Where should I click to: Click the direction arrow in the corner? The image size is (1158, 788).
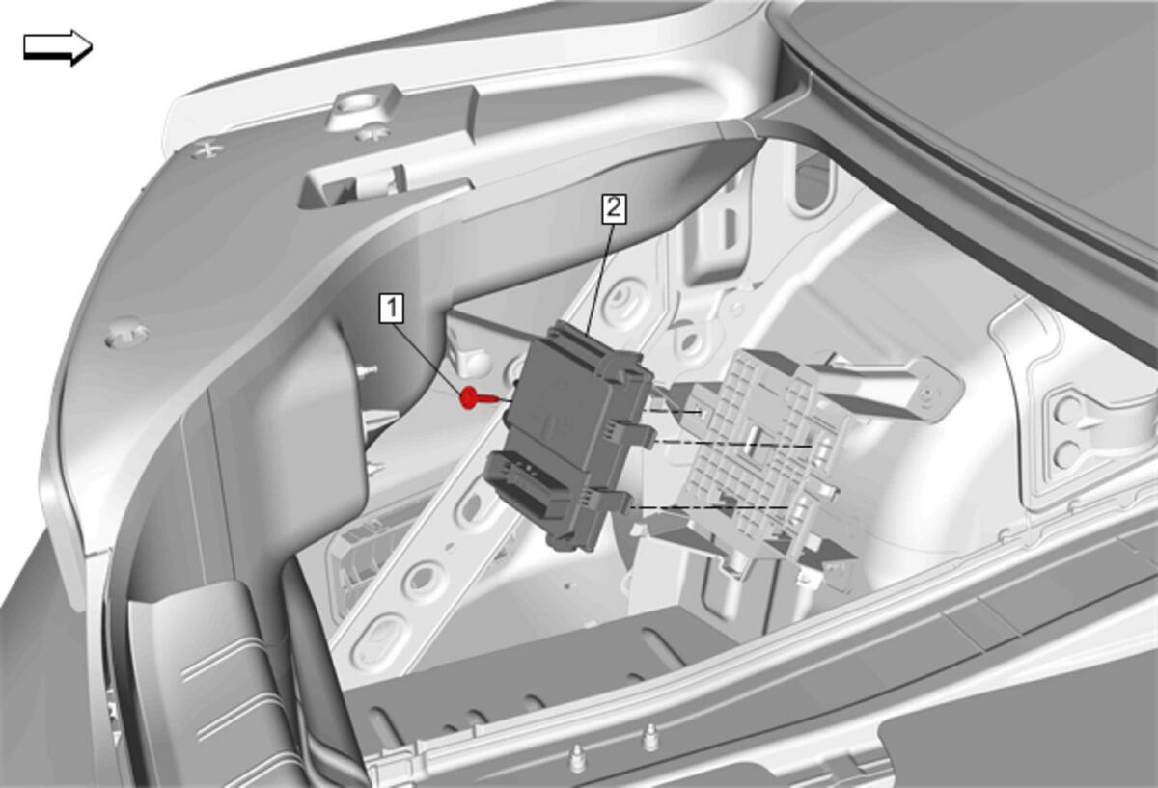(58, 47)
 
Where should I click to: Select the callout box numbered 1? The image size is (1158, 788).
(392, 309)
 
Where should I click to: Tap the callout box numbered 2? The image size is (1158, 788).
(614, 208)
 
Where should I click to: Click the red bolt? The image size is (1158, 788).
(479, 398)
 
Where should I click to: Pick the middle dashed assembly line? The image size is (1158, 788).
(734, 445)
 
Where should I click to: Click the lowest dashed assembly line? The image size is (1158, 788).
(709, 507)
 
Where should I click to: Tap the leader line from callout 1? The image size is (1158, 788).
(428, 359)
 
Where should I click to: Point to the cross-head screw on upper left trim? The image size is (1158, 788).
(207, 149)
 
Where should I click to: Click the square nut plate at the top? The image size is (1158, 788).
(366, 109)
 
